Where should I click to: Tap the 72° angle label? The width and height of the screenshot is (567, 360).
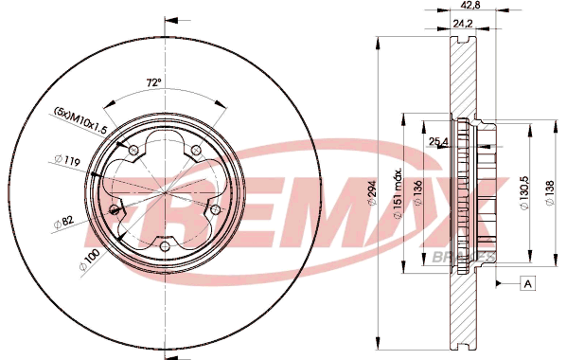[153, 82]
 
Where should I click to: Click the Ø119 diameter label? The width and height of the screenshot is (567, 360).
[67, 160]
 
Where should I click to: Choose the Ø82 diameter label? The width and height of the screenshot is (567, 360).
[63, 222]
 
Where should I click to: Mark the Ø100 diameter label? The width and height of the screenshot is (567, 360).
[89, 260]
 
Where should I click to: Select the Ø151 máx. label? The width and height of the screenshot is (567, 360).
[398, 193]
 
